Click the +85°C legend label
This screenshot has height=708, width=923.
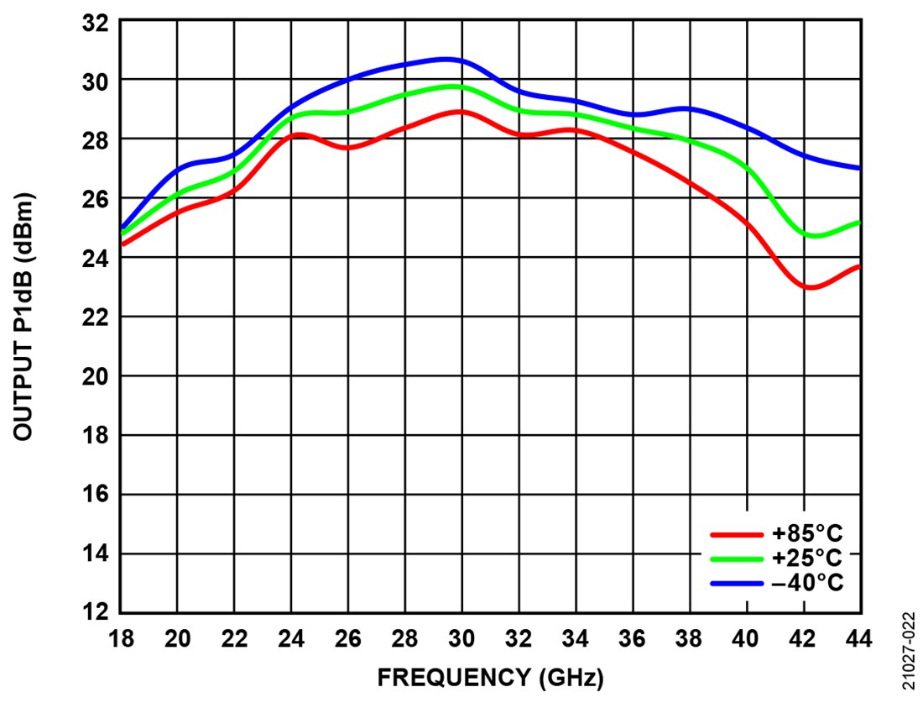coord(806,533)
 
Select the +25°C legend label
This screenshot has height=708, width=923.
coord(806,558)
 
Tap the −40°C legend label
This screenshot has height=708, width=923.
coord(806,582)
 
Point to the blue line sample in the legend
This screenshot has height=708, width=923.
coord(736,583)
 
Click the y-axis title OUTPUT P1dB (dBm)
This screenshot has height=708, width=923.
coord(24,317)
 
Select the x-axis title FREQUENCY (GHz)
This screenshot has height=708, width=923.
coord(490,678)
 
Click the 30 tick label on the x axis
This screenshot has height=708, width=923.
coord(461,640)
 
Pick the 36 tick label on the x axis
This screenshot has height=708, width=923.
coord(632,640)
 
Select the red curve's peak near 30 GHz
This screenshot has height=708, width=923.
coord(459,111)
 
